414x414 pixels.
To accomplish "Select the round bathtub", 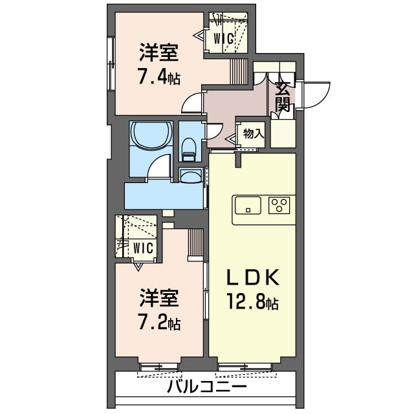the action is coord(151,135).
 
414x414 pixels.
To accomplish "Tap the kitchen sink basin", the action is coord(248,206).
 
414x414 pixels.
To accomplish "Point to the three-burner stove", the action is coord(279,206).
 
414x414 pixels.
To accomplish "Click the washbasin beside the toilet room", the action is coord(191,176).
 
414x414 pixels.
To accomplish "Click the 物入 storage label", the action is coord(254,134).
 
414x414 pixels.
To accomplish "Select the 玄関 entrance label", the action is coord(283,97).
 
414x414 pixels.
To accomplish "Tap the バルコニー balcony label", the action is coord(207,387).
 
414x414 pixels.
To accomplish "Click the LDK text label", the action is coord(253,278).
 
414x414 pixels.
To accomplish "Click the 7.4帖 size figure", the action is coord(160,78).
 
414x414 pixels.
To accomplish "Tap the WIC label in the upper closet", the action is coord(224,39).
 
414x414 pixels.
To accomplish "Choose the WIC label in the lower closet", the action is coord(143,248).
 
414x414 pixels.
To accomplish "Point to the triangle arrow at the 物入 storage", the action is coord(232,138).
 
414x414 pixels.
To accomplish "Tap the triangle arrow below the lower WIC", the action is coord(138,267).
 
